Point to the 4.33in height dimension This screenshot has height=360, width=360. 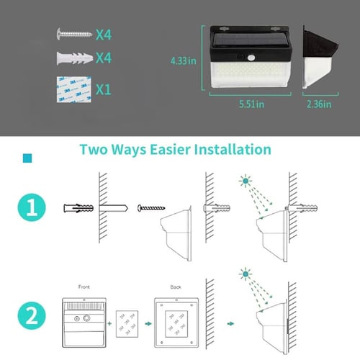[183, 62]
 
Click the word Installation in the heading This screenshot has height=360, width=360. [225, 150]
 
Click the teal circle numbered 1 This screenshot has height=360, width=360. [32, 210]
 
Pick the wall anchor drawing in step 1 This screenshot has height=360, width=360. [78, 208]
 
